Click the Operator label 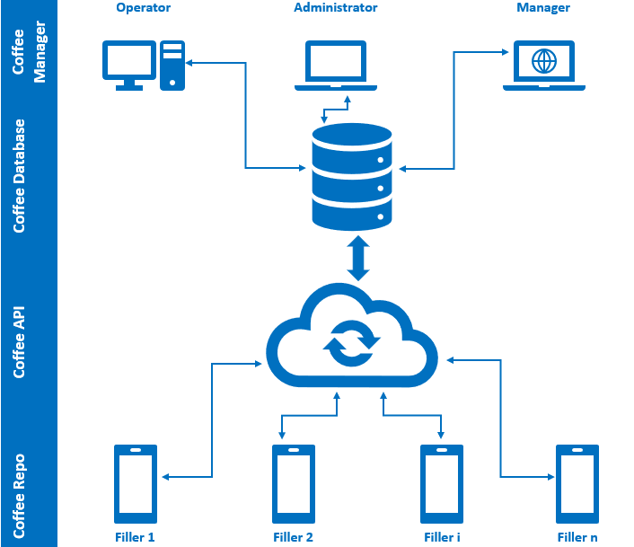pyautogui.click(x=144, y=8)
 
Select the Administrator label pyautogui.click(x=336, y=8)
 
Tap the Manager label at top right pyautogui.click(x=543, y=8)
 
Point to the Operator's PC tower pyautogui.click(x=172, y=66)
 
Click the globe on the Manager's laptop pyautogui.click(x=543, y=61)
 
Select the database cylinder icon pyautogui.click(x=352, y=176)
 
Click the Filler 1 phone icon pyautogui.click(x=136, y=483)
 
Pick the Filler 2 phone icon pyautogui.click(x=294, y=483)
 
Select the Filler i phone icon pyautogui.click(x=442, y=483)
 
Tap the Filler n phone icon pyautogui.click(x=577, y=483)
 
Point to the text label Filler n pyautogui.click(x=577, y=537)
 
